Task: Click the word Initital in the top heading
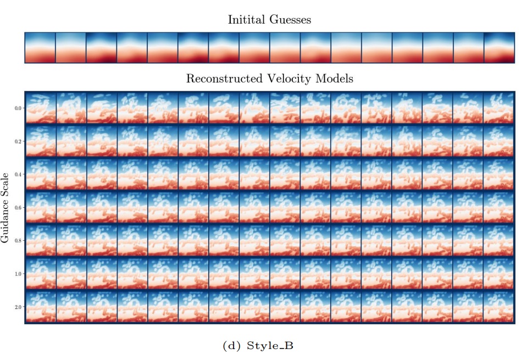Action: (247, 20)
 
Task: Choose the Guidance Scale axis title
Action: (6, 207)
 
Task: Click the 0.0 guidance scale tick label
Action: (18, 108)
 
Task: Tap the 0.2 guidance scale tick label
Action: (18, 141)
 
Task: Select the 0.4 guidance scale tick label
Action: (18, 174)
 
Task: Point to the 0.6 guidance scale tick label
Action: (18, 207)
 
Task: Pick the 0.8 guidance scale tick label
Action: (18, 240)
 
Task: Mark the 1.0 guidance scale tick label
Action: (18, 273)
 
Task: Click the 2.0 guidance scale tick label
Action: (18, 306)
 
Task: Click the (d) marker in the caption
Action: (229, 346)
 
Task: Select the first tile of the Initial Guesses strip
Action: (40, 48)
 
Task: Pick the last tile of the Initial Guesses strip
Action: (498, 48)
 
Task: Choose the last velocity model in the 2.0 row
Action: (498, 306)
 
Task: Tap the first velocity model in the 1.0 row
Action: (41, 273)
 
